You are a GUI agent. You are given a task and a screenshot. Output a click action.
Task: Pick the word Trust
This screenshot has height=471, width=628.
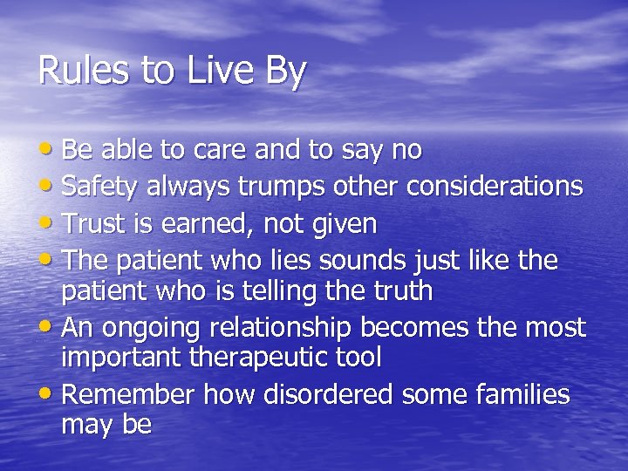click(x=93, y=224)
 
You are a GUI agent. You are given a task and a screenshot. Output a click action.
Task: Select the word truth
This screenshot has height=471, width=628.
click(x=398, y=290)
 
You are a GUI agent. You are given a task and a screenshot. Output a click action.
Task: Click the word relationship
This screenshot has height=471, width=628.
click(x=271, y=328)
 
